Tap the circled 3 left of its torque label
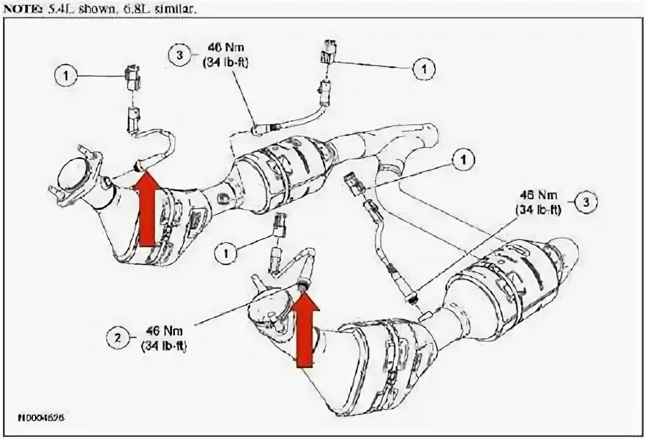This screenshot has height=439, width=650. click(x=178, y=55)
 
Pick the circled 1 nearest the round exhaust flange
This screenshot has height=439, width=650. click(x=65, y=74)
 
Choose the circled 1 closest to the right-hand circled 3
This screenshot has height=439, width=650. click(x=463, y=157)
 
